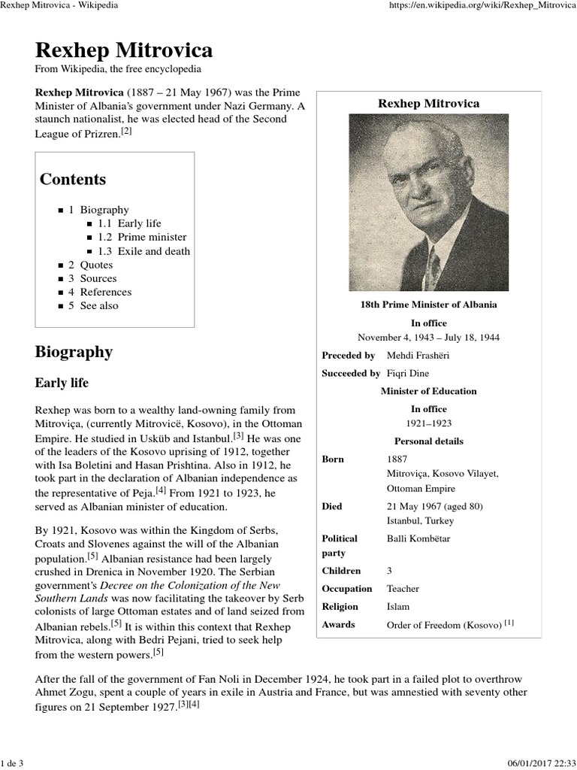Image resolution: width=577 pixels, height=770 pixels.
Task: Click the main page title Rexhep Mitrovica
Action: click(124, 50)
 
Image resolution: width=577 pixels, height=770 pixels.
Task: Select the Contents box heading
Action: click(73, 180)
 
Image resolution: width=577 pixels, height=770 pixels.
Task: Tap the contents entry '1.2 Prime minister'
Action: click(143, 237)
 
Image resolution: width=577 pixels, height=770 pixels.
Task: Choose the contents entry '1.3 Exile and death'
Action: click(143, 251)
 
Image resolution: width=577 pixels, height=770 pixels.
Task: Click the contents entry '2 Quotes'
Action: click(91, 265)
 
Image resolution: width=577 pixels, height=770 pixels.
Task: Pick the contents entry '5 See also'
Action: click(93, 305)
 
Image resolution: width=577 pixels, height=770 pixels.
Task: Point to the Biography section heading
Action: click(74, 352)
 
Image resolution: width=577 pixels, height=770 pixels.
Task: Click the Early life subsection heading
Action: click(62, 383)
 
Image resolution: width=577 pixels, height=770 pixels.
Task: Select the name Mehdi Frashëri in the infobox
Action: click(418, 355)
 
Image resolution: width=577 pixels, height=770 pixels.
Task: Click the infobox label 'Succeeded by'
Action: click(350, 373)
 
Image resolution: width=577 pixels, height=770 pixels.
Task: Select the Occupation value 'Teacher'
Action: click(403, 589)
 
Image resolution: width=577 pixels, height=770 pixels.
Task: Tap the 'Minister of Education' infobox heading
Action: click(428, 391)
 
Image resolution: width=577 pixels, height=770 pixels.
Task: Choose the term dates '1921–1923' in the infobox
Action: click(429, 423)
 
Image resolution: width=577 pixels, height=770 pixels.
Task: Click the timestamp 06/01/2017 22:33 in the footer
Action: click(536, 763)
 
